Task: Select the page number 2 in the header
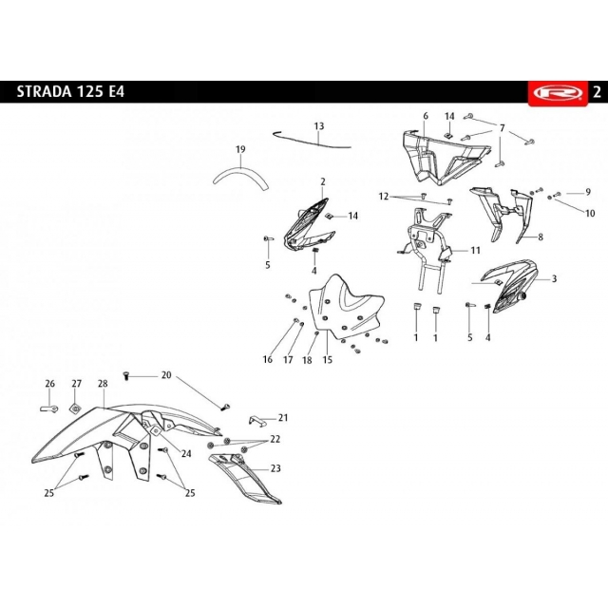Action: pos(596,93)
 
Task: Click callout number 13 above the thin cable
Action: pos(319,126)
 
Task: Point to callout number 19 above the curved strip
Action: pos(240,149)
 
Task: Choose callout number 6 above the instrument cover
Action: pos(426,116)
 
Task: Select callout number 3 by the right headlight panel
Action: pos(554,279)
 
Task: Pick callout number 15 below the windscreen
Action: pos(328,360)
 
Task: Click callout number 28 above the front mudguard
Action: pos(103,384)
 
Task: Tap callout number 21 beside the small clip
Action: pos(283,417)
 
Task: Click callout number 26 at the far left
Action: pos(50,384)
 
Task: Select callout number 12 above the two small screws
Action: pos(384,197)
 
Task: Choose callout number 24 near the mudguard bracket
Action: pos(186,454)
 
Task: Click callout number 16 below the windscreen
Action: pos(268,360)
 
